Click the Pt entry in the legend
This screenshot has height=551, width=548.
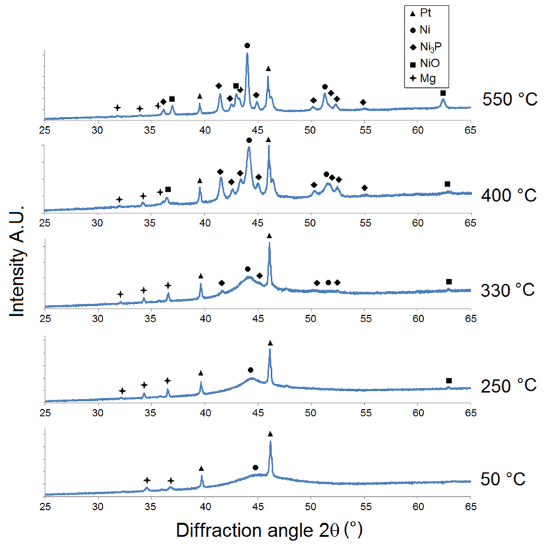click(422, 13)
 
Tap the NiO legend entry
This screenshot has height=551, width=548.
click(425, 64)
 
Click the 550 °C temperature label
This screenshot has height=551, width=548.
click(510, 100)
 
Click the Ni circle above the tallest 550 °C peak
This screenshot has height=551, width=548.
click(247, 46)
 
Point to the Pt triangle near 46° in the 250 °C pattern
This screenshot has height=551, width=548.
click(270, 343)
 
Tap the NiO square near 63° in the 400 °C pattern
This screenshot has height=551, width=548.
click(447, 184)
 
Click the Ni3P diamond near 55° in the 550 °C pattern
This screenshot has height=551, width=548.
click(363, 102)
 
